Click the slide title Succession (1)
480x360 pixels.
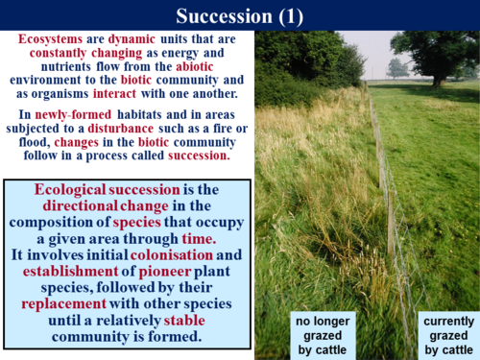(239, 14)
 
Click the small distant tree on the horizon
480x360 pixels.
(396, 67)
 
